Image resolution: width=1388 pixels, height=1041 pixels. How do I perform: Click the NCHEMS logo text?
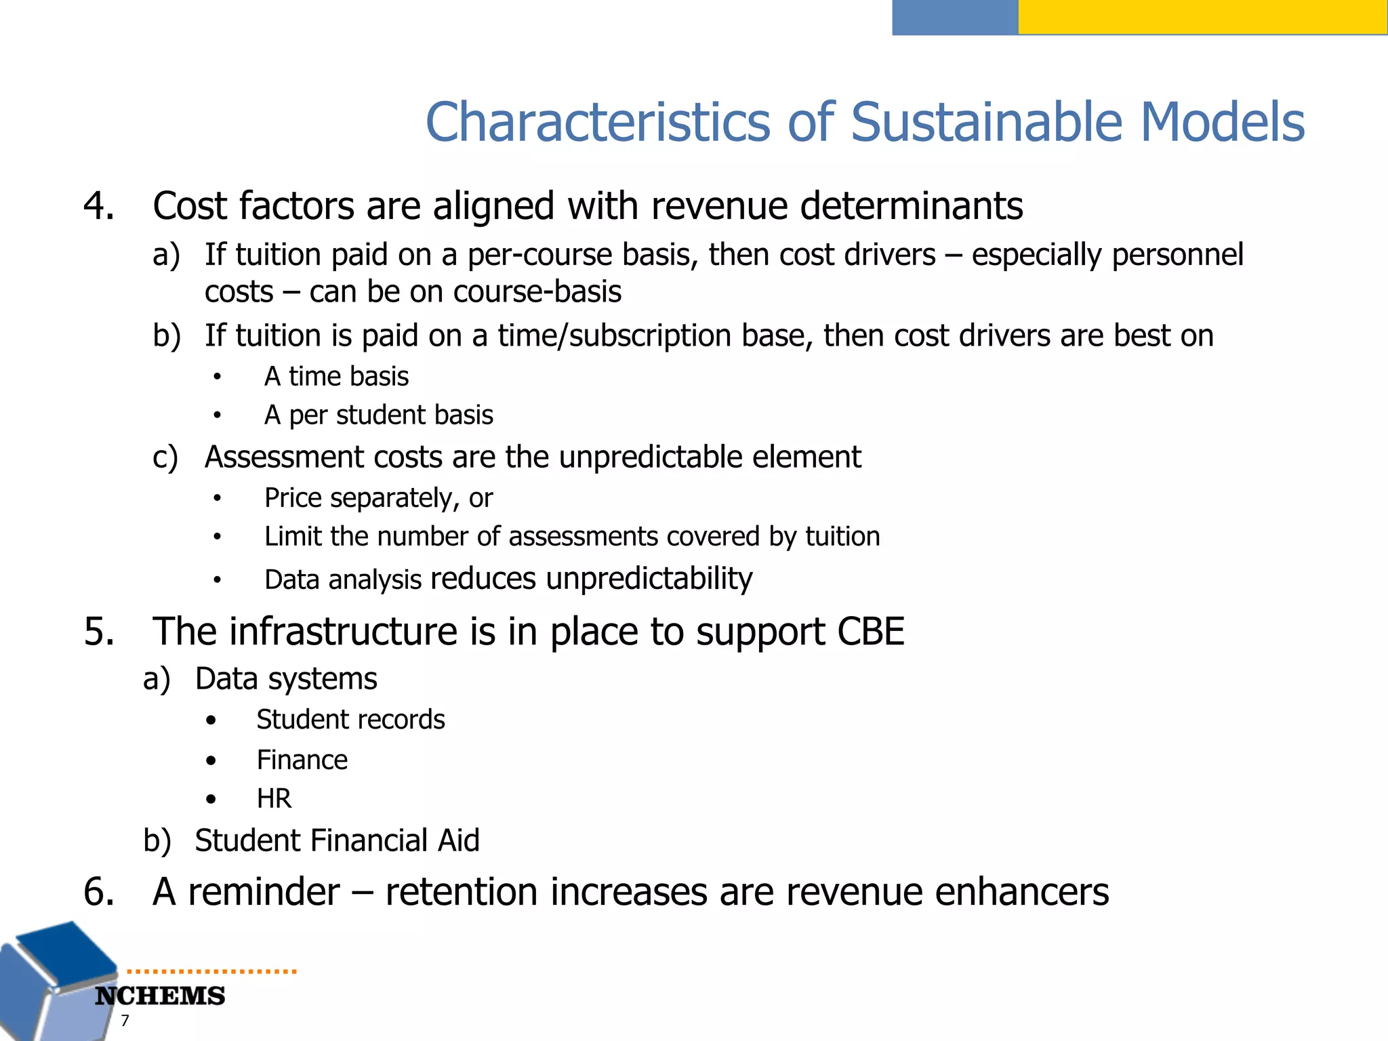pos(160,996)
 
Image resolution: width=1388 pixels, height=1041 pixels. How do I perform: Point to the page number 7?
pos(125,1021)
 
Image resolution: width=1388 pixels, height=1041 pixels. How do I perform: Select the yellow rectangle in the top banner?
pos(1202,17)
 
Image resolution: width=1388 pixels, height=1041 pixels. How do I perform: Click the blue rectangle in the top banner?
pos(955,17)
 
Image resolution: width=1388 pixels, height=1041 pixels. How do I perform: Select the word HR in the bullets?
pos(274,799)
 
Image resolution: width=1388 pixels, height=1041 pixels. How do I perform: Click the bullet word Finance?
pos(302,760)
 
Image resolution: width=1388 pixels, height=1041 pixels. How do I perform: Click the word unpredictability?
pos(649,579)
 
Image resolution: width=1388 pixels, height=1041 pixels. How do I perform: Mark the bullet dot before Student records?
pos(211,720)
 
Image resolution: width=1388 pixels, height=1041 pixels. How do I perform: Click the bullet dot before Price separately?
pos(217,499)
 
